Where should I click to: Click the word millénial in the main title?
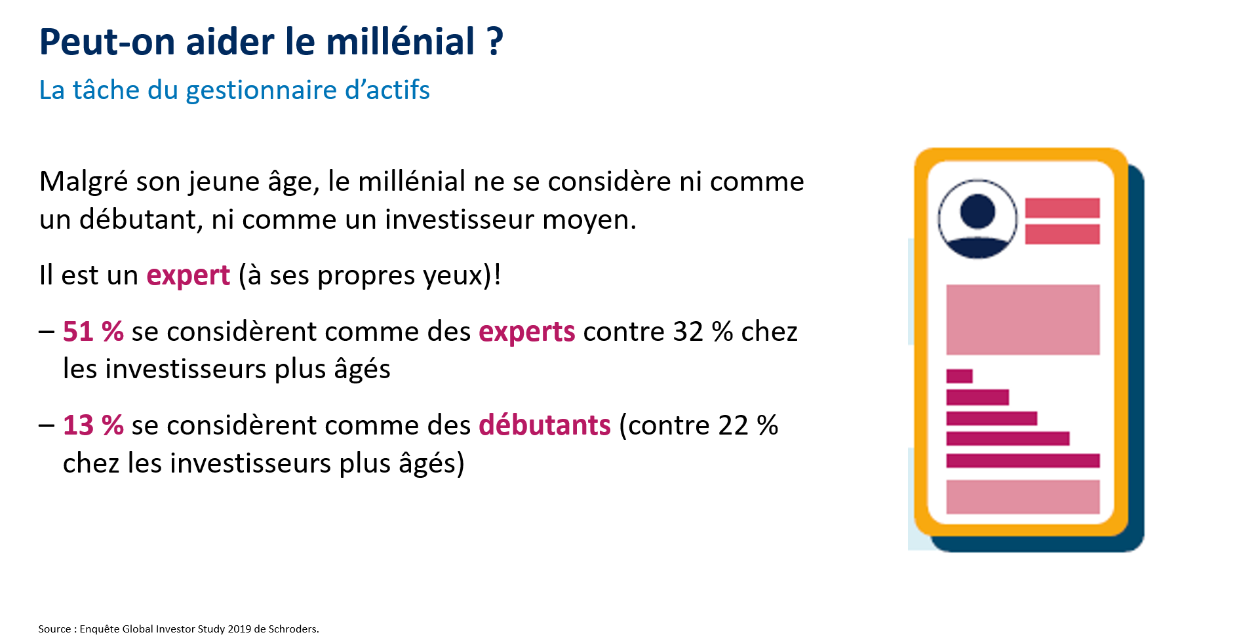pos(401,42)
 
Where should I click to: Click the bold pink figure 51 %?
pos(93,332)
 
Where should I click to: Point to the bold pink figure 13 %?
pos(93,425)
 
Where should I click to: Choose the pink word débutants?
pos(545,425)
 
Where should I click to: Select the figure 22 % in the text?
pos(749,425)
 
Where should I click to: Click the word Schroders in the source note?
pos(293,629)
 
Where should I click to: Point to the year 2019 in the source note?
pos(239,629)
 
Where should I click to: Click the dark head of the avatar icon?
pos(977,211)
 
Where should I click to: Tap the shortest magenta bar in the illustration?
pos(959,376)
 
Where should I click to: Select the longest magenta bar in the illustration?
pos(1023,461)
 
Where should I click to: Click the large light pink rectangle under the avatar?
pos(1023,320)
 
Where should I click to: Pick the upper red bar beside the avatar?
pos(1062,208)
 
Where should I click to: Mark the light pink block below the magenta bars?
pos(1023,497)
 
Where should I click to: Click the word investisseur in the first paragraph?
pos(459,220)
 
